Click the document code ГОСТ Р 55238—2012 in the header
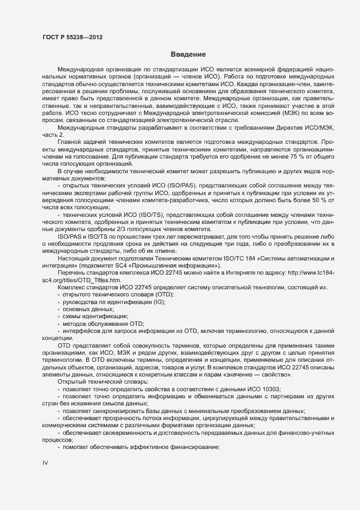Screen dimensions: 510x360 pos(72,38)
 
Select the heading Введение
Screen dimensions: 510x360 pos(188,55)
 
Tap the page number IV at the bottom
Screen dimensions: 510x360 pos(45,463)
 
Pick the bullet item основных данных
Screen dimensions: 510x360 pos(81,309)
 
